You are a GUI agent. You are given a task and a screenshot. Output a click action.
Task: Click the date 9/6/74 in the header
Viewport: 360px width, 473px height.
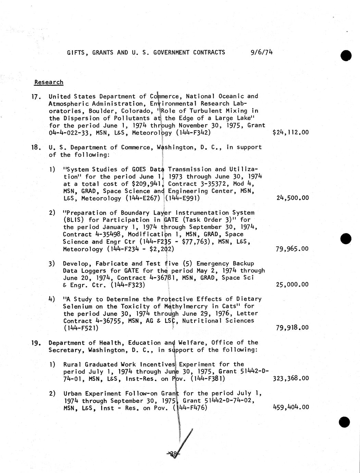[x=262, y=52]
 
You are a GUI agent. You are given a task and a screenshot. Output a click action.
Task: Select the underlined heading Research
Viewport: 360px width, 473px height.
[x=49, y=82]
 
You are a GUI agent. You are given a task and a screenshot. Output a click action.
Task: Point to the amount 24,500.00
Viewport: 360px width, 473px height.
[x=292, y=198]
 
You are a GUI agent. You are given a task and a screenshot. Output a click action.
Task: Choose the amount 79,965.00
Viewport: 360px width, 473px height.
[x=292, y=249]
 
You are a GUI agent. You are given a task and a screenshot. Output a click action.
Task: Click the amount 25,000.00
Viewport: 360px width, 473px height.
[x=292, y=284]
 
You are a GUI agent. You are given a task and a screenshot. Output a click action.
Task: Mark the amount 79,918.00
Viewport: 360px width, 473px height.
[x=292, y=328]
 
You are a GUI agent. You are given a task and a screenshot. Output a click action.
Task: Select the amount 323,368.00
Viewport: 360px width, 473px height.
[x=290, y=378]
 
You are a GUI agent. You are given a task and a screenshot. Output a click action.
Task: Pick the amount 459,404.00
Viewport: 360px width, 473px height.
[x=290, y=407]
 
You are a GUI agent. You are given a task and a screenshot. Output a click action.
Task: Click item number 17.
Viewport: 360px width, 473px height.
[x=36, y=97]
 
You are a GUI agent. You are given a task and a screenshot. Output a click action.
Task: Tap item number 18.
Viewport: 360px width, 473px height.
[x=36, y=148]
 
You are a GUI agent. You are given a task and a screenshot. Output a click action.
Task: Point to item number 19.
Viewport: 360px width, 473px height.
[x=36, y=343]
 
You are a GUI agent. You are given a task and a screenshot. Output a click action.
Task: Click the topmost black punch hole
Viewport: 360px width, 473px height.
[x=346, y=55]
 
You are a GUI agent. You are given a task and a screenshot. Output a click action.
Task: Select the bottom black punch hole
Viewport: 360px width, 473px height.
[x=345, y=422]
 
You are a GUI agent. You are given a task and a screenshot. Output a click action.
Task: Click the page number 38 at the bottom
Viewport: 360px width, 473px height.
[x=173, y=454]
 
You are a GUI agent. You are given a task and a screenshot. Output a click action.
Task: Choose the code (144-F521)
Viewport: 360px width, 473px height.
[x=81, y=328]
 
